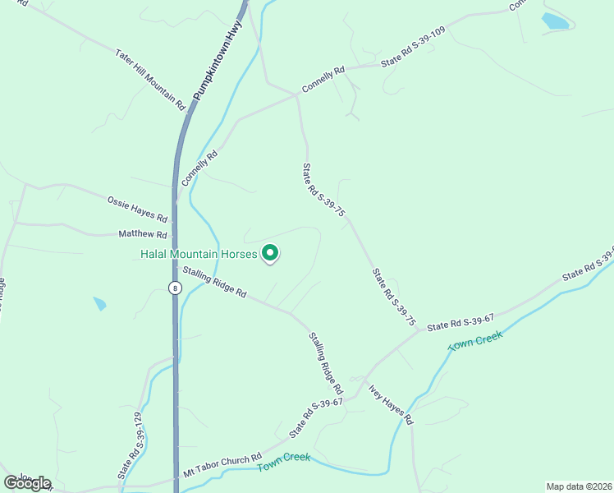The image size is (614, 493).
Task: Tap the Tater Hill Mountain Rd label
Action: [150, 80]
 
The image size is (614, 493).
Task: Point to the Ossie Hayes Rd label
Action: [137, 210]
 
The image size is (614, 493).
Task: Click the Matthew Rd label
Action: [143, 234]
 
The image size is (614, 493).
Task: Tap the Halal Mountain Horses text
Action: [198, 255]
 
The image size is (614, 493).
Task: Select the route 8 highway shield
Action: [175, 288]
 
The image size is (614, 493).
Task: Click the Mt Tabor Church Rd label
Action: [222, 465]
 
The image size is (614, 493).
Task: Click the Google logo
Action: [27, 483]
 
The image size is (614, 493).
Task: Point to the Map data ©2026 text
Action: [579, 486]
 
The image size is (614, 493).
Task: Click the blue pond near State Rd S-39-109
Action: [556, 21]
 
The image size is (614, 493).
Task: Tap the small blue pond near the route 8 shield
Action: [99, 304]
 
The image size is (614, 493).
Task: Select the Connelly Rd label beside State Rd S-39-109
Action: [323, 81]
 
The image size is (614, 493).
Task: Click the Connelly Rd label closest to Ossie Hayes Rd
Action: [201, 167]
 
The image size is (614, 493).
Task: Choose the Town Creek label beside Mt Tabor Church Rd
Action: [284, 462]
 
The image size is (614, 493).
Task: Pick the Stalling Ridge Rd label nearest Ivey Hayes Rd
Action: [325, 362]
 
